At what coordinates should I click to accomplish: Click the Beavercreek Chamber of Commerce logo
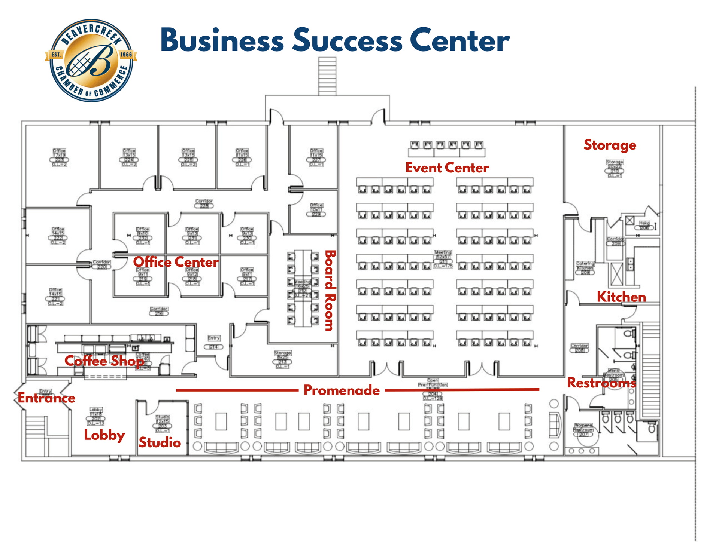click(91, 61)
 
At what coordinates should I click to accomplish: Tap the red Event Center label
click(447, 168)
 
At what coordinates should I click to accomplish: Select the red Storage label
click(610, 145)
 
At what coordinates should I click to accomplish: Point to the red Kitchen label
click(621, 297)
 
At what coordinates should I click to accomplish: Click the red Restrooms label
click(601, 383)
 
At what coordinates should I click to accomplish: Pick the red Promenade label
click(342, 390)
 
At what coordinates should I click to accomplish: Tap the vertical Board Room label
click(330, 291)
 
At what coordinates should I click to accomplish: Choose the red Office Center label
click(176, 262)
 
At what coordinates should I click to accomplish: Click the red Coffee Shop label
click(104, 361)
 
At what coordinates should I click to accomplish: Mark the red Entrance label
click(46, 398)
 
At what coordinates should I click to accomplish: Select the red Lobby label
click(104, 435)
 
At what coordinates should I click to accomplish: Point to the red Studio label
click(160, 442)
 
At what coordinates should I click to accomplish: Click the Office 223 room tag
click(59, 157)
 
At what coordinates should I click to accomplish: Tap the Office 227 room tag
click(316, 157)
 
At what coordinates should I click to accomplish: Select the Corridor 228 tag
click(204, 204)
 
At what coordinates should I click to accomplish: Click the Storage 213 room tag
click(282, 359)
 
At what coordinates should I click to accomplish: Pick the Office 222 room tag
click(58, 236)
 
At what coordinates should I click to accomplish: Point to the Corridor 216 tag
click(159, 311)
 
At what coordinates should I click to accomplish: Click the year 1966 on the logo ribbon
click(126, 55)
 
